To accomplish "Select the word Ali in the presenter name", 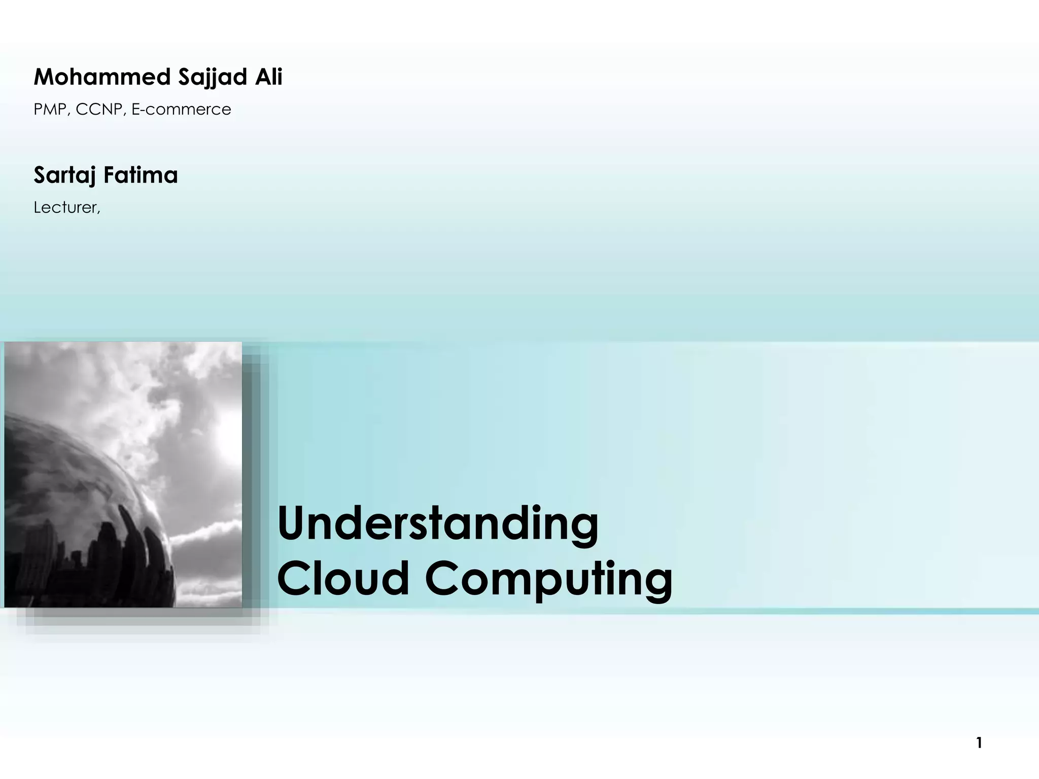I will (268, 77).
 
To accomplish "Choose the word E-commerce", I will (181, 110).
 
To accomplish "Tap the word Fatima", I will (141, 175).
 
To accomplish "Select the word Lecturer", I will (66, 207).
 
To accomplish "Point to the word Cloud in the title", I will (343, 578).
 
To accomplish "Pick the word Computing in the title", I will (548, 579).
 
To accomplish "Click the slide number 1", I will (979, 743).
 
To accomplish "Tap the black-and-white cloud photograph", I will (123, 474).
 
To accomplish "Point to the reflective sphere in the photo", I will (76, 507).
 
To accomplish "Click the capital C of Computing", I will (442, 578).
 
